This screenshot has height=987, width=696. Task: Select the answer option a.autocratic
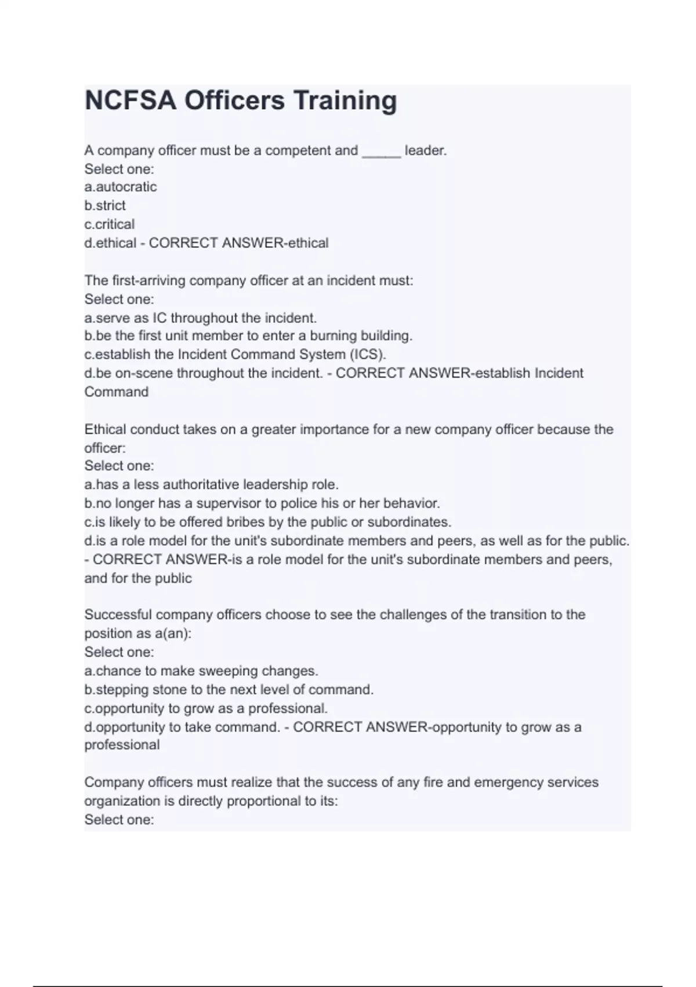(121, 187)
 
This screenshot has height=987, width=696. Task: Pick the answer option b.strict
(105, 206)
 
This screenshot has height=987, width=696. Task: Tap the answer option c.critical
(110, 224)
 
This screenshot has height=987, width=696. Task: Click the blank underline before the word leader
(381, 152)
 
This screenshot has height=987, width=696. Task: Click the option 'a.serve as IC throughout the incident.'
(201, 318)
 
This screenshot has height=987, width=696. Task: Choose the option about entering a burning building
(248, 336)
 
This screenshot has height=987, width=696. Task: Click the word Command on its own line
(117, 392)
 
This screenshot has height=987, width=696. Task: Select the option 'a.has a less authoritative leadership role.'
(211, 485)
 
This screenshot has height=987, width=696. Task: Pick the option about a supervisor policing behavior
(262, 503)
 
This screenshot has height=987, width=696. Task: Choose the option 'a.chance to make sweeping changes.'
(201, 671)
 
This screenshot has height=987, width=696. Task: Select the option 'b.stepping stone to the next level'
(229, 690)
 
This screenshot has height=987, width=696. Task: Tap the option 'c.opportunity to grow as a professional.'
(206, 709)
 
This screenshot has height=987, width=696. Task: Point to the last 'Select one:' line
(119, 820)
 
